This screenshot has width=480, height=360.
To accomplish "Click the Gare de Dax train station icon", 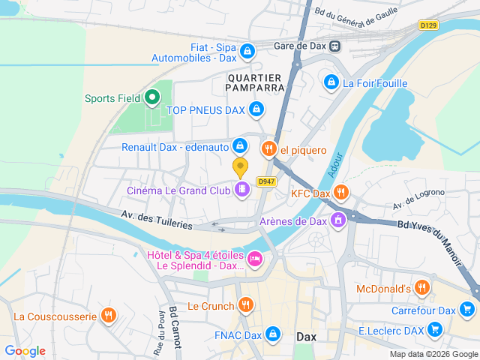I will (x=334, y=46).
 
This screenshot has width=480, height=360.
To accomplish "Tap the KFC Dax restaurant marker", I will (x=341, y=193).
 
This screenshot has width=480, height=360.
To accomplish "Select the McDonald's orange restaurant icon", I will (x=422, y=288).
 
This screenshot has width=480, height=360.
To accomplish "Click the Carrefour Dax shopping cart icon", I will (x=467, y=310).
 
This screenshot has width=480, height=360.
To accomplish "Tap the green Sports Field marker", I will (x=151, y=97).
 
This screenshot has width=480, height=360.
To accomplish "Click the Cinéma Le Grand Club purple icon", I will (x=241, y=190).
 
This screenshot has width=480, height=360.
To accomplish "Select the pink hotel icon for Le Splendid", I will (x=255, y=260).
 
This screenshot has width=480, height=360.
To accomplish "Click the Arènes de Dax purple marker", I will (x=338, y=220).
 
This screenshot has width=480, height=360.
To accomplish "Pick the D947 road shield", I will (x=264, y=181).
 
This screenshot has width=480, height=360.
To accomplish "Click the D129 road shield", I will (x=428, y=25).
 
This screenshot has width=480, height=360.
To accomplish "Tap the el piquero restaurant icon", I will (x=269, y=149).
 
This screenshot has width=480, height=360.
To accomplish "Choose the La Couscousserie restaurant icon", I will (x=109, y=316).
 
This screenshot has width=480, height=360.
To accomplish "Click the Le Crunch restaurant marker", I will (x=244, y=305).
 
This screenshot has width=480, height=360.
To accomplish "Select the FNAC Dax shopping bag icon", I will (x=272, y=332).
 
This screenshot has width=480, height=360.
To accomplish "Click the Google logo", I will (x=25, y=350).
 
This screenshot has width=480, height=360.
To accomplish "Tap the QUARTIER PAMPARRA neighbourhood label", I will (x=253, y=82).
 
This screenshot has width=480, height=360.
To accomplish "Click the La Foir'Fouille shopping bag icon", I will (x=331, y=82).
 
